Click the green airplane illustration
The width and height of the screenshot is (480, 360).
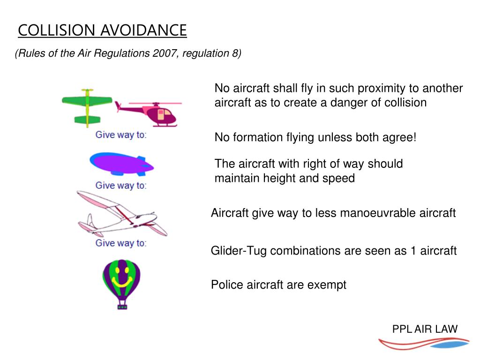point(87,106)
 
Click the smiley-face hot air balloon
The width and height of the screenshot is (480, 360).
point(121,279)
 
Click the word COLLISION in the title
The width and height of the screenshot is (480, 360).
point(58,30)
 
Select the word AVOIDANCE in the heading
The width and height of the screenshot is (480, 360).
point(144,30)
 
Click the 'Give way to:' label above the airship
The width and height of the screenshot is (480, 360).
point(121,135)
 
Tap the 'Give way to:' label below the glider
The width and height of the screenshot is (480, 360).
point(121,243)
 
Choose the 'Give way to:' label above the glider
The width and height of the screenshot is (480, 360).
point(121,185)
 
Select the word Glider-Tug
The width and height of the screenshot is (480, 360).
point(239,251)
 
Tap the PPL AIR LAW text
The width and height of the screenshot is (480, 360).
point(425,329)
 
